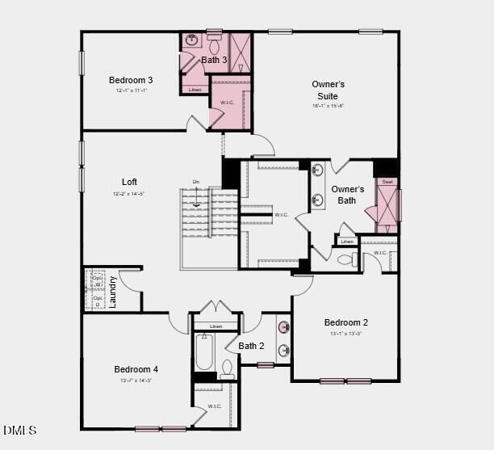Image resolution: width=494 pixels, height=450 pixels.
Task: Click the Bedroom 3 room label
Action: coord(131,80)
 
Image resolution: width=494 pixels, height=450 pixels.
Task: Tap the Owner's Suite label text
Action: coord(328,90)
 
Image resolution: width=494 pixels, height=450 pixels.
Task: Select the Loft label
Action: coord(129,182)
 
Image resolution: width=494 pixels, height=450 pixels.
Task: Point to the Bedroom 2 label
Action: coord(345,322)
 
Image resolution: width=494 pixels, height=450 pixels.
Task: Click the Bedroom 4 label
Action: coord(136,369)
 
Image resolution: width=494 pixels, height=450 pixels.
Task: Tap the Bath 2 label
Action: coord(251,346)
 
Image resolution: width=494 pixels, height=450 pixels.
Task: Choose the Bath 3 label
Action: coord(214,60)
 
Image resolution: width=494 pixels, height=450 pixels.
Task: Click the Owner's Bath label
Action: coord(347,195)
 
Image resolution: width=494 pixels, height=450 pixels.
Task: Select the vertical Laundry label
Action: coord(113,292)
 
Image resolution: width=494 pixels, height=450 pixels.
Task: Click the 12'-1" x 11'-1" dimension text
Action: coord(131,90)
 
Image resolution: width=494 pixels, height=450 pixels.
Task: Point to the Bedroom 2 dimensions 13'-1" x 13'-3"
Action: coord(345,333)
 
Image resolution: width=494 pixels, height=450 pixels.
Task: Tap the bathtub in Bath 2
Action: coord(203,352)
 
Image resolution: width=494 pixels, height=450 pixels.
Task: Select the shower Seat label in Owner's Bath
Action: coord(387,183)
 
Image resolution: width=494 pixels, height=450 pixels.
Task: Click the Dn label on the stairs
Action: coord(195,182)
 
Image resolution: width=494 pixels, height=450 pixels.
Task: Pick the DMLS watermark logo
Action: coord(20,430)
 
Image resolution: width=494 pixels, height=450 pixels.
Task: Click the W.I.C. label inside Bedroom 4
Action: coord(215,406)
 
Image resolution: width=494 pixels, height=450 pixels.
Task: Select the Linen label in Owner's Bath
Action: coord(346,242)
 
